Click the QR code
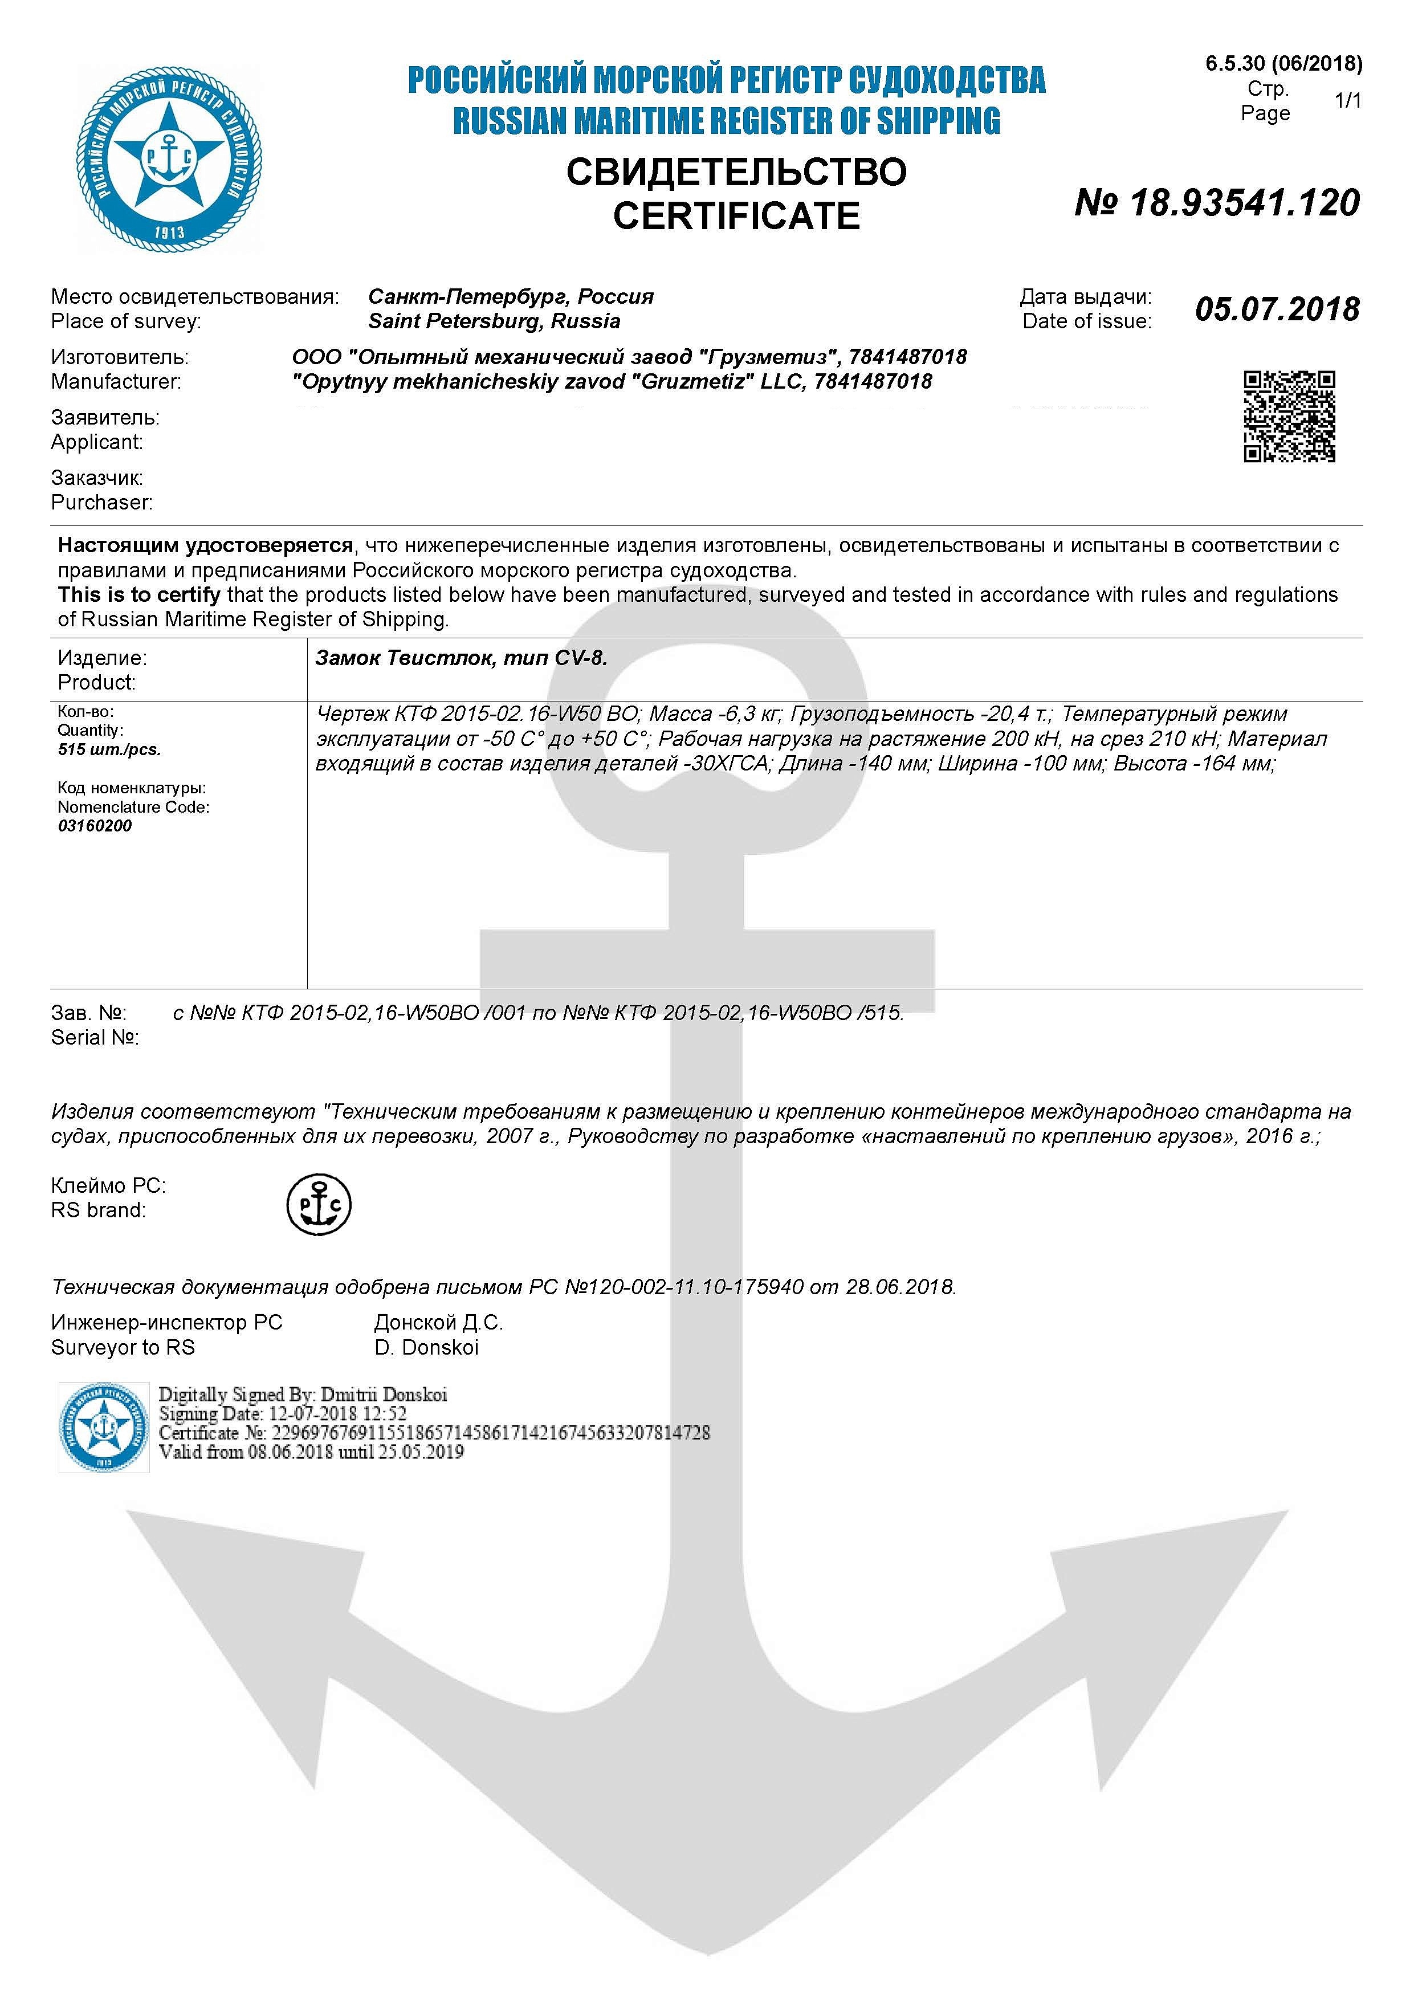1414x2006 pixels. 1289,416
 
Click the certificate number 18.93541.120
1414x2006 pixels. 1217,203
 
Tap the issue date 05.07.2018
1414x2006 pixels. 1277,309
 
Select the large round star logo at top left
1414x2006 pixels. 169,160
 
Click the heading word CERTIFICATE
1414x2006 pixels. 736,217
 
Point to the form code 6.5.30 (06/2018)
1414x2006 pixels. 1283,63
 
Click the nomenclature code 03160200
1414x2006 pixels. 95,826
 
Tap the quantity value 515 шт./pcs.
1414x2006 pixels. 108,749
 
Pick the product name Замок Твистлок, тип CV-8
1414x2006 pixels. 461,658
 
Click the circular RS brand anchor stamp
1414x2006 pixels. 319,1205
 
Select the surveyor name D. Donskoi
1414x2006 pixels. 426,1347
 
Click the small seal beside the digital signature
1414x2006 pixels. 104,1427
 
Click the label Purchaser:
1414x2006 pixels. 101,503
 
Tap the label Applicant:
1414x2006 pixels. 97,442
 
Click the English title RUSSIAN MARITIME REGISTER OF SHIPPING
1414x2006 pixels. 726,121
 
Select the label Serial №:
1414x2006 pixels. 95,1037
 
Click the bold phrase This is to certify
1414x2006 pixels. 139,595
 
